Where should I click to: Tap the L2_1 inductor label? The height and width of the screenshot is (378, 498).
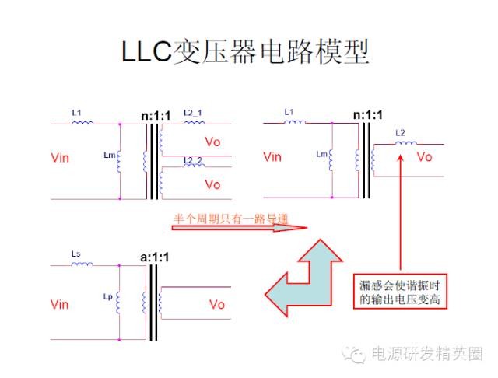pos(194,113)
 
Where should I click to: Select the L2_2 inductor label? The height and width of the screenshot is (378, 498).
pos(194,160)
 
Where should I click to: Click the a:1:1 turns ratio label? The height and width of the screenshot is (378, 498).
pos(154,255)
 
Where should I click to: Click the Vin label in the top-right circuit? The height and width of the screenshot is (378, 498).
pos(272,157)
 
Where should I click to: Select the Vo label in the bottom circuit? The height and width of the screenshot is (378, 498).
pos(217,304)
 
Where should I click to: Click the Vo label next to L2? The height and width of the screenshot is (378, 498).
pos(424,157)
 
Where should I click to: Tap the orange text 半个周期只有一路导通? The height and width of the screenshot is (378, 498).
pos(230,219)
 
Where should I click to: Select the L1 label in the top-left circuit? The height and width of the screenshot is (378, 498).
pos(76,113)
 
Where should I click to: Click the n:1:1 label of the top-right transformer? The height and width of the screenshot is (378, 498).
pos(368,115)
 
